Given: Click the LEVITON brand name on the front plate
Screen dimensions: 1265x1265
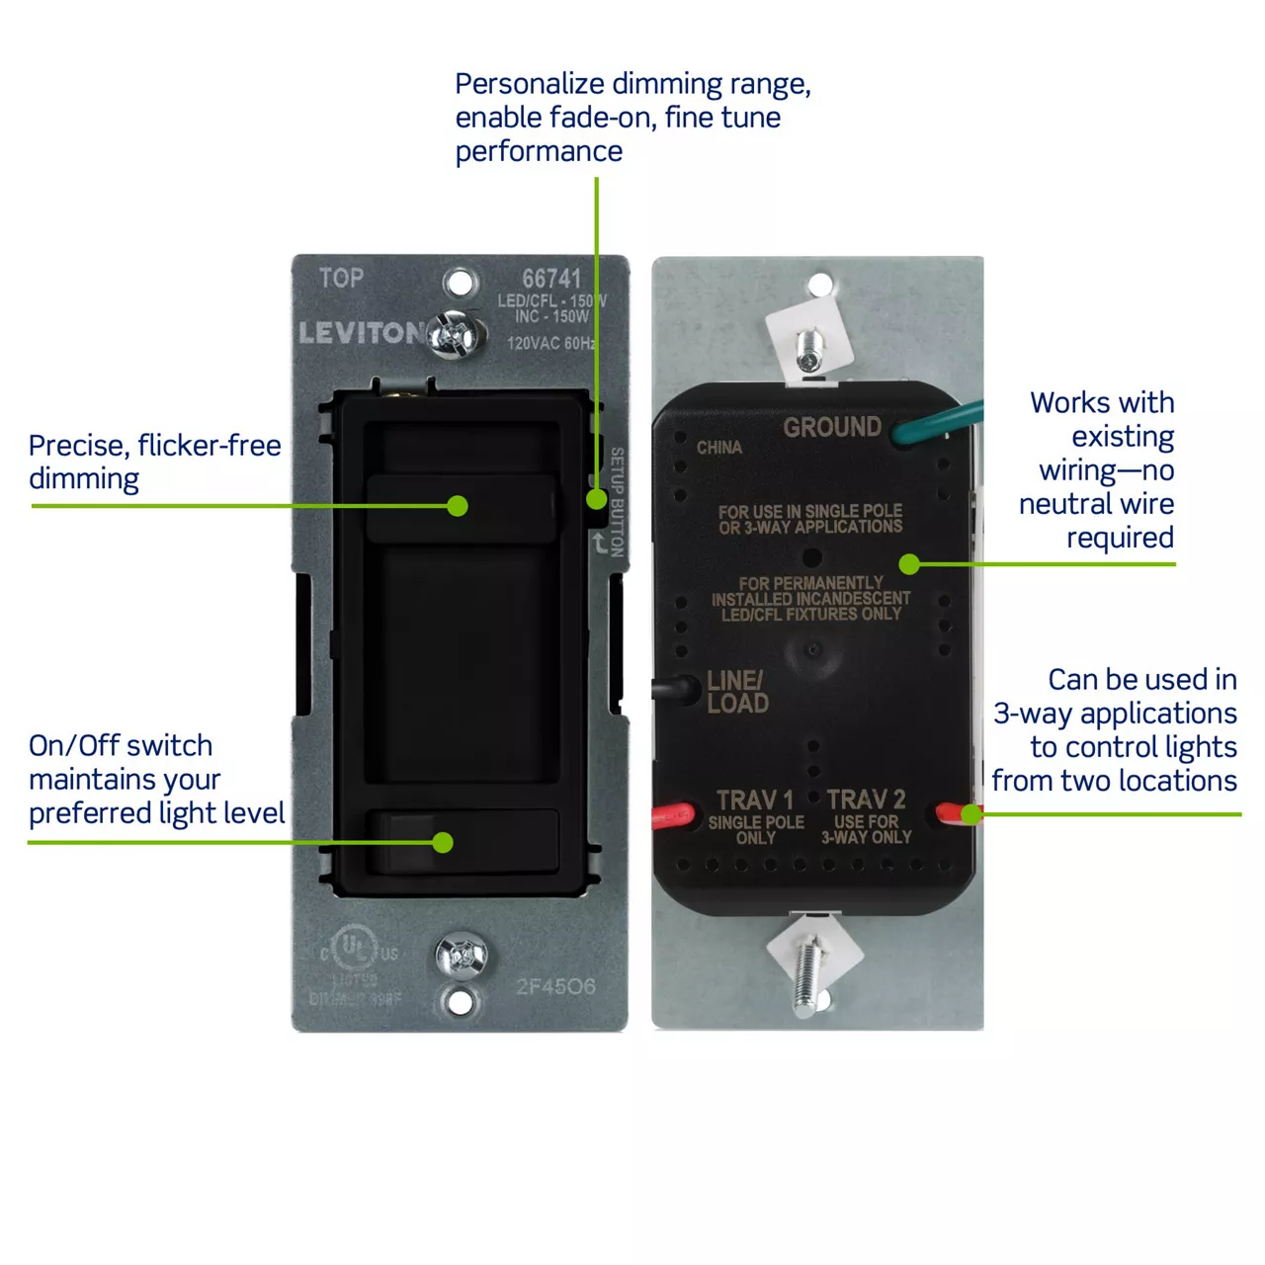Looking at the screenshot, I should pyautogui.click(x=362, y=333).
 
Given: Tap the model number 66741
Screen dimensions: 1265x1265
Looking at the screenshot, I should pyautogui.click(x=551, y=280).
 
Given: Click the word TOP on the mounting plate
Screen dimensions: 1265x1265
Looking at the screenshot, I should pyautogui.click(x=341, y=279).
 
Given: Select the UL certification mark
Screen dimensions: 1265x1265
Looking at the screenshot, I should pyautogui.click(x=354, y=950).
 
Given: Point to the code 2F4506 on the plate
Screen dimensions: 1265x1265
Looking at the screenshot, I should pyautogui.click(x=555, y=986).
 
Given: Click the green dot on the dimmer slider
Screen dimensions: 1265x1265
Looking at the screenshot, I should pyautogui.click(x=457, y=506).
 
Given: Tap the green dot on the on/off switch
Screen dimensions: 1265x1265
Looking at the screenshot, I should pyautogui.click(x=443, y=842).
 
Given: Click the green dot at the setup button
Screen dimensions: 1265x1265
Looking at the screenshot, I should pyautogui.click(x=596, y=499).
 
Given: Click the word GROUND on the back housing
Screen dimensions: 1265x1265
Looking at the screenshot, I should pyautogui.click(x=832, y=427).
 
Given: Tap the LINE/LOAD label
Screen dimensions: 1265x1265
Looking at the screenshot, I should pyautogui.click(x=737, y=692).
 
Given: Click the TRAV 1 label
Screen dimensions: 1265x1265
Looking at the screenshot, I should pyautogui.click(x=755, y=800).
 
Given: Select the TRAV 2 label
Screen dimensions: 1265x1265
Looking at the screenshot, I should pyautogui.click(x=866, y=800).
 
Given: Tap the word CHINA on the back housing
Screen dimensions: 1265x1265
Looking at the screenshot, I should pyautogui.click(x=718, y=448).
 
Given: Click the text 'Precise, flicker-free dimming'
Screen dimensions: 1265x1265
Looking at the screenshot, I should pyautogui.click(x=154, y=462).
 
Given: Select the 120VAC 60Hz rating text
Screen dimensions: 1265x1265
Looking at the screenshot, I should pyautogui.click(x=550, y=343).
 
